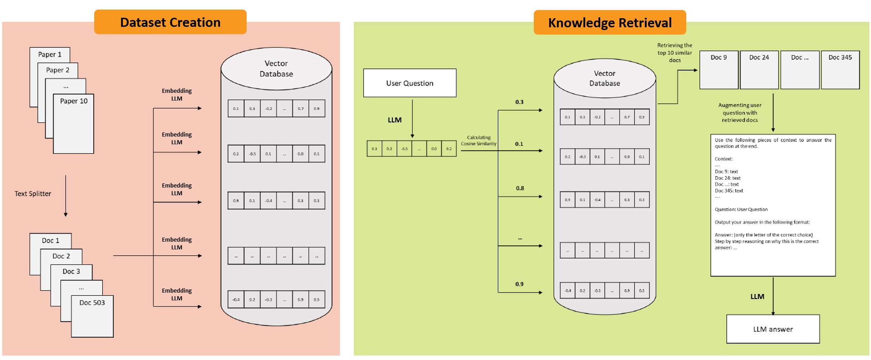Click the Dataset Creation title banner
[x=170, y=22]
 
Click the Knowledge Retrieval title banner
[x=609, y=23]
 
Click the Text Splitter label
[x=33, y=194]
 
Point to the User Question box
[x=410, y=83]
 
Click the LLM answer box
[x=773, y=329]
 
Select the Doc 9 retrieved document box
[x=719, y=70]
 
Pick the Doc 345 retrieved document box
[x=840, y=70]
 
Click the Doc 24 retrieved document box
[x=759, y=70]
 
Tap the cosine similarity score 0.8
[x=520, y=188]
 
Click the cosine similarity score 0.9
[x=519, y=284]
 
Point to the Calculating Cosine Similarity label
[x=479, y=141]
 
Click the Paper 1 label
[x=50, y=55]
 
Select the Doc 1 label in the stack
[x=51, y=241]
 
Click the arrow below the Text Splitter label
[x=66, y=196]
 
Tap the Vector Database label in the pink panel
[x=276, y=69]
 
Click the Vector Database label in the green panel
[x=604, y=78]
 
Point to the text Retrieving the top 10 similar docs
[x=674, y=53]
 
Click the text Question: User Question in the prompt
[x=741, y=210]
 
